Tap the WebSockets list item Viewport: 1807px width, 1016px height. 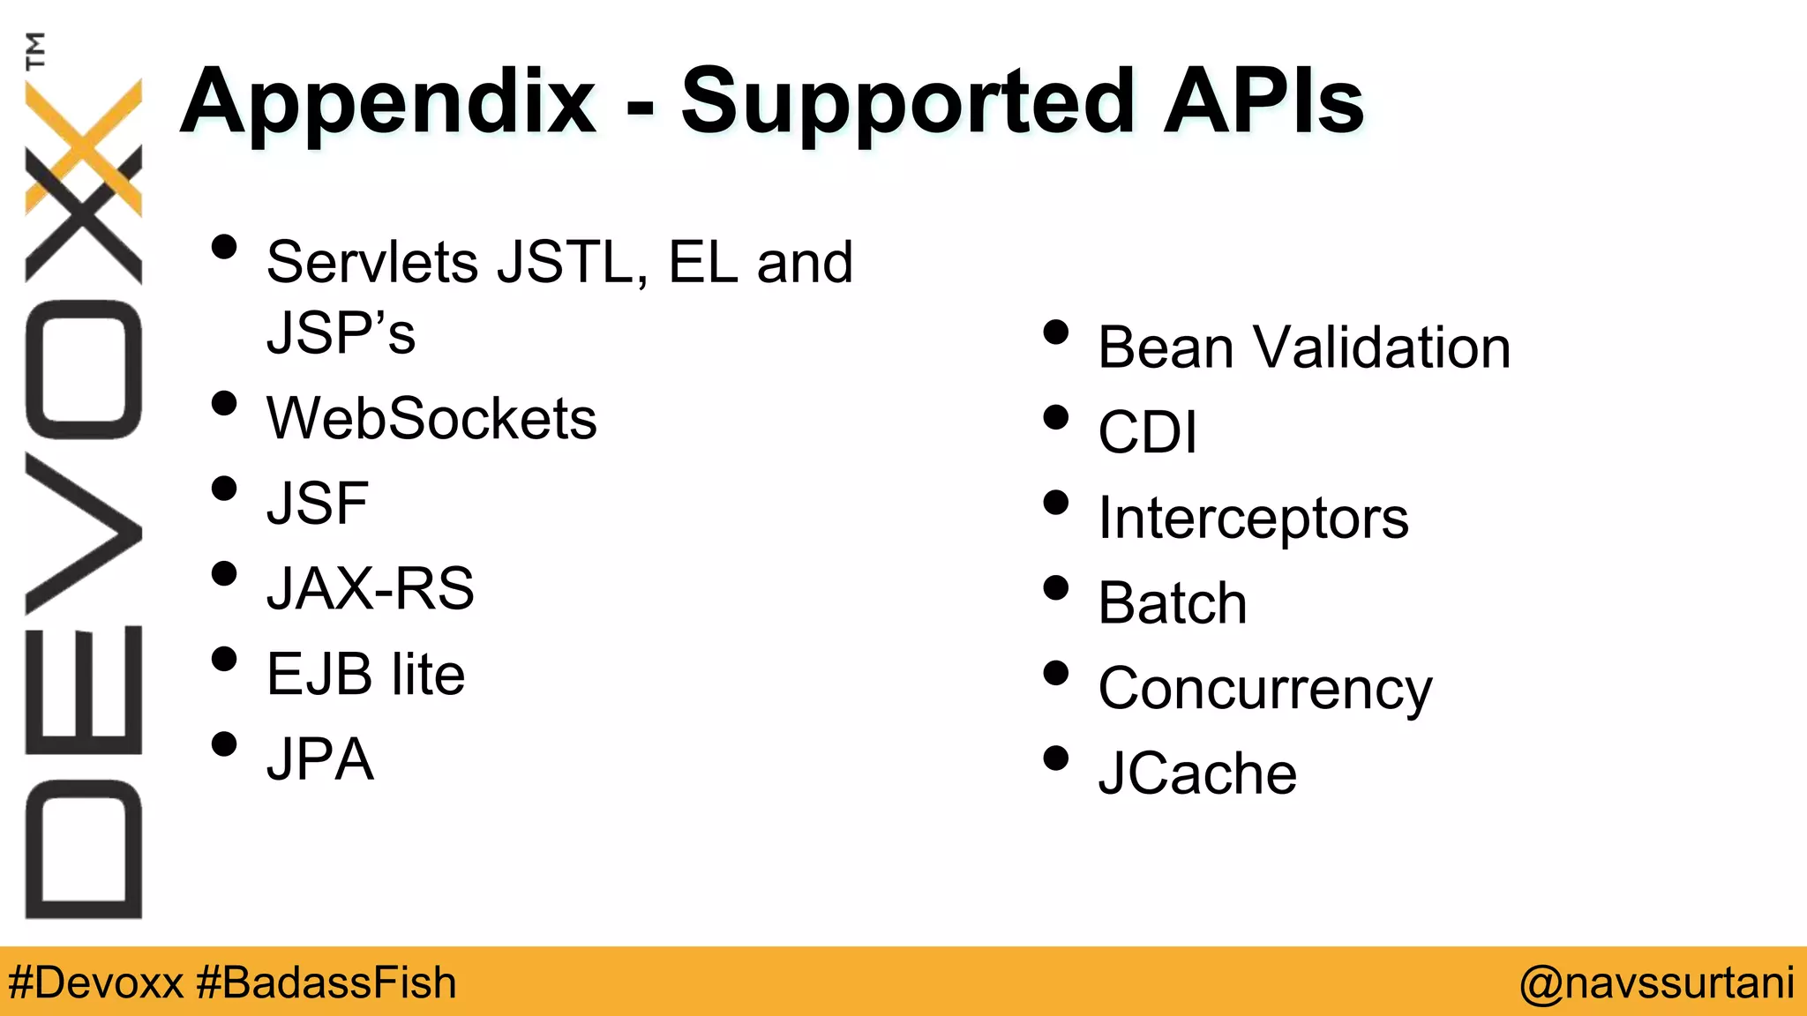431,418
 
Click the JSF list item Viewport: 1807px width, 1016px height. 318,504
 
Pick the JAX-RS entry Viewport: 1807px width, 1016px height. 371,588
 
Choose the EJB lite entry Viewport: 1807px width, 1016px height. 365,674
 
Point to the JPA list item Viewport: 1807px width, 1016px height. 320,758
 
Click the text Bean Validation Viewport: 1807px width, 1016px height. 1304,347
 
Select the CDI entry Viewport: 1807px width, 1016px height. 1147,432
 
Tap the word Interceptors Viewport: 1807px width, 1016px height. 1253,518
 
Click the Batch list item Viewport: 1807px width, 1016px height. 1173,603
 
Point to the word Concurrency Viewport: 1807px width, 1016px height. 1265,689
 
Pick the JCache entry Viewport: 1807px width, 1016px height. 1197,773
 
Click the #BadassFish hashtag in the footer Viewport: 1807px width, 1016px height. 326,982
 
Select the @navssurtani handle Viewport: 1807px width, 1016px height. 1656,982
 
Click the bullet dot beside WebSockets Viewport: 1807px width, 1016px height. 225,404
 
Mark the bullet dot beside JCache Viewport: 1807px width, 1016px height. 1055,758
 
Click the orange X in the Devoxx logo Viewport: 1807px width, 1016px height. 84,146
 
